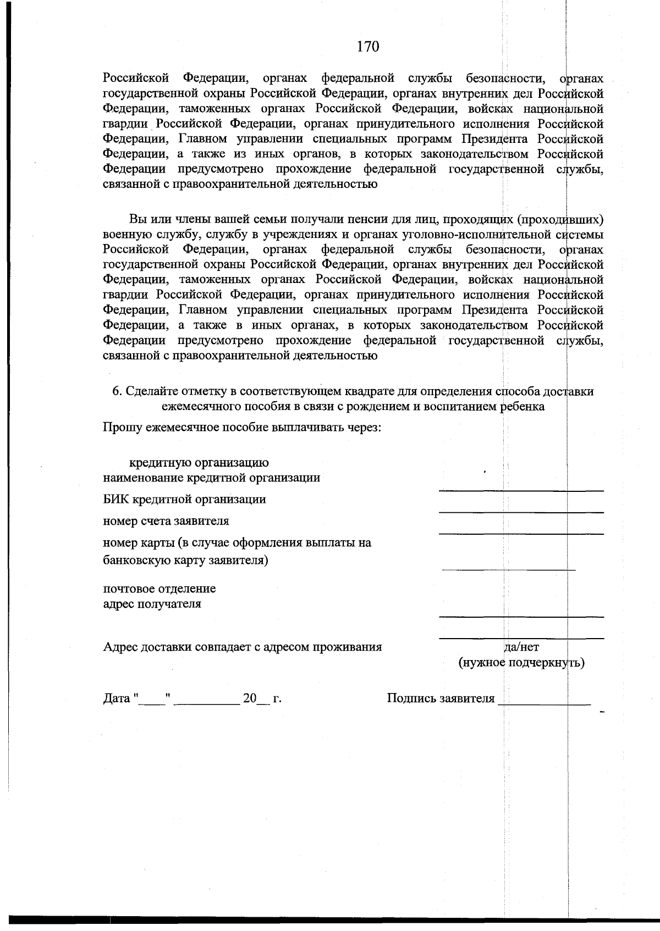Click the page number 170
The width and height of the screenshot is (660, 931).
pos(368,47)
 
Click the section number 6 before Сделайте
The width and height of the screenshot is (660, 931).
pos(116,391)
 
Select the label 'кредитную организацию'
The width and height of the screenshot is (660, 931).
pos(199,463)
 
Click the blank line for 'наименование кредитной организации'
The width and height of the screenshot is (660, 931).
pos(520,489)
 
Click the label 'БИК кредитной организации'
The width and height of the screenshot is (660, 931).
pos(185,499)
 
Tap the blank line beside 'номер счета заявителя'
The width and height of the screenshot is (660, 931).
pos(520,532)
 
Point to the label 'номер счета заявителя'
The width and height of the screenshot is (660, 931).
pos(166,520)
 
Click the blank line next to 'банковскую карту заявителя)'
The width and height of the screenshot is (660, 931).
pos(508,569)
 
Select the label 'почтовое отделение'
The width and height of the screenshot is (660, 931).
pos(159,589)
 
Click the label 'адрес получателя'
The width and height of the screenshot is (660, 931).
pos(152,604)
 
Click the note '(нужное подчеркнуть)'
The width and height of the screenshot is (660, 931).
pos(521,662)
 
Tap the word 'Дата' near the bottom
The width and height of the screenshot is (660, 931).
pos(117,699)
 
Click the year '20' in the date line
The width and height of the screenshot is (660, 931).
pos(250,699)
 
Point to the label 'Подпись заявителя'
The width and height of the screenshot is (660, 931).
pos(441,699)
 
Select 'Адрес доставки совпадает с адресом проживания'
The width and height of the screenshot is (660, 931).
pos(243,647)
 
